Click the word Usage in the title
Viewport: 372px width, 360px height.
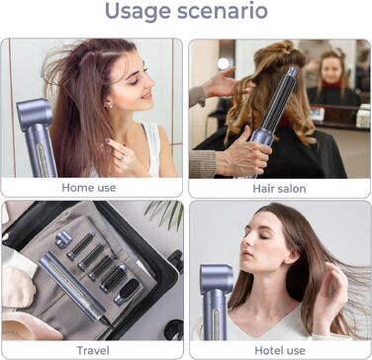138,12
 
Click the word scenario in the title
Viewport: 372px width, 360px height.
223,11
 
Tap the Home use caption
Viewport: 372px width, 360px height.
89,188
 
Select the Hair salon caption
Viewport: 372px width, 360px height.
279,189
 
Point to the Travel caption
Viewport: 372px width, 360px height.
93,350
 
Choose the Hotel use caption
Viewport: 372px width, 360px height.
280,350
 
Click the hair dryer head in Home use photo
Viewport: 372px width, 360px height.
34,114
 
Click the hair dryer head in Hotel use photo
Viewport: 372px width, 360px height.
217,280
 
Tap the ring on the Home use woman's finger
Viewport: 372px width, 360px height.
121,157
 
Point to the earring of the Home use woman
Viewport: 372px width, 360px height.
110,106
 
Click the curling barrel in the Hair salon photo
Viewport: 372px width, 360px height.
280,99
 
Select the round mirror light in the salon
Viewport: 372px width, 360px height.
224,63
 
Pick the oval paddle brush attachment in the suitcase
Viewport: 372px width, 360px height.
127,292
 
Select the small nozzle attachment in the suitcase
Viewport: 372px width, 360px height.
63,238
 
